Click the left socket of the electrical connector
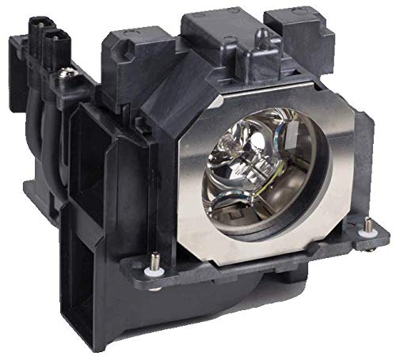[x=36, y=34]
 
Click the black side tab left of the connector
[x=17, y=63]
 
